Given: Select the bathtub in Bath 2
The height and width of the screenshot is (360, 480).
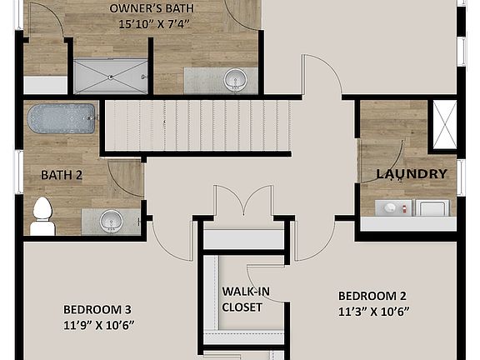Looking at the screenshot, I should (x=62, y=118).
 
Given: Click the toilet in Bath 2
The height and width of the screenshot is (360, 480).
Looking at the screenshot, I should (x=42, y=217).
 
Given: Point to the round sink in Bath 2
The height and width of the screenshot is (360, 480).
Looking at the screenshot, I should (x=110, y=222).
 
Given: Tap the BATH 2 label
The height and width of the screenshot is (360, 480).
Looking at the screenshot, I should (x=62, y=175).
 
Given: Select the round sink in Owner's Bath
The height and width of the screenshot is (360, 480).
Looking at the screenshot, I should (x=237, y=81).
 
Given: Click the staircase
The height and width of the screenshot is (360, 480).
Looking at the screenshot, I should (x=198, y=125).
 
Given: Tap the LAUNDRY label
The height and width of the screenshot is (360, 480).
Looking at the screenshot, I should (x=412, y=174).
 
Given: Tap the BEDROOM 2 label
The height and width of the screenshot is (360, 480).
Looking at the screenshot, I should (x=372, y=296).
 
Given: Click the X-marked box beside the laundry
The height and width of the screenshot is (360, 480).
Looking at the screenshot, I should (x=442, y=124).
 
